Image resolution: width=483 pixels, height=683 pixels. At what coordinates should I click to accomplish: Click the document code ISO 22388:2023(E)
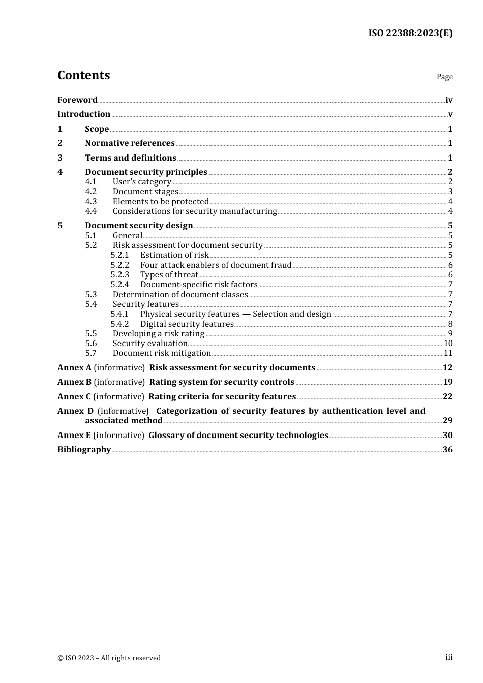click(x=410, y=33)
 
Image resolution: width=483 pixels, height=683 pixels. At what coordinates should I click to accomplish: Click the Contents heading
click(x=83, y=75)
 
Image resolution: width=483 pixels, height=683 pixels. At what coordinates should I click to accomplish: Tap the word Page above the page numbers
click(x=444, y=77)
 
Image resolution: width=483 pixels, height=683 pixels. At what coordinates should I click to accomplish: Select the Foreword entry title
click(x=77, y=100)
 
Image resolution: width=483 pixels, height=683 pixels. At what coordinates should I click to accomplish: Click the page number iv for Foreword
click(x=448, y=100)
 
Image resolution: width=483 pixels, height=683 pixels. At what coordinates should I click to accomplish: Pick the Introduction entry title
click(x=84, y=114)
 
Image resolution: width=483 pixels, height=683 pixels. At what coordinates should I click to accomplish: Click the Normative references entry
click(x=130, y=143)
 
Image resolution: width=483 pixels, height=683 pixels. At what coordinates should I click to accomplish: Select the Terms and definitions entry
click(x=131, y=158)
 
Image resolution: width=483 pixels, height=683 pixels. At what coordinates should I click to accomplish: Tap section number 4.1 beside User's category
click(x=90, y=182)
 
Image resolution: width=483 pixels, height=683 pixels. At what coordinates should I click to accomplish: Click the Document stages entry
click(x=145, y=192)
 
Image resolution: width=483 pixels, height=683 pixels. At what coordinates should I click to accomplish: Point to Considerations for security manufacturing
click(x=195, y=211)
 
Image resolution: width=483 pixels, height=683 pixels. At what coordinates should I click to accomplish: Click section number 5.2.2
click(x=120, y=265)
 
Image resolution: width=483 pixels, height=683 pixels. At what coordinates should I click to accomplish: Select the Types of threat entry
click(x=169, y=275)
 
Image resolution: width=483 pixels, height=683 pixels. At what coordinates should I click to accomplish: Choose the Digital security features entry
click(x=187, y=324)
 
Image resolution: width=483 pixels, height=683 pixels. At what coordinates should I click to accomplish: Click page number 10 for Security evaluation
click(x=448, y=344)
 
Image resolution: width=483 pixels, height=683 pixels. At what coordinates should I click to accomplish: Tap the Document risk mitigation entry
click(x=162, y=353)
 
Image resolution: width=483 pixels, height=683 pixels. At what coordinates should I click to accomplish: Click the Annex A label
click(x=74, y=368)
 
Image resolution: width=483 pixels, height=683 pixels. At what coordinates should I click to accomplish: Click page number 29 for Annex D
click(x=447, y=421)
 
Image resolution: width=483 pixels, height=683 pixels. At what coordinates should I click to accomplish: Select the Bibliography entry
click(x=84, y=450)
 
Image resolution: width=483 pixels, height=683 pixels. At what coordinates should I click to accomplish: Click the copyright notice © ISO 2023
click(x=109, y=658)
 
